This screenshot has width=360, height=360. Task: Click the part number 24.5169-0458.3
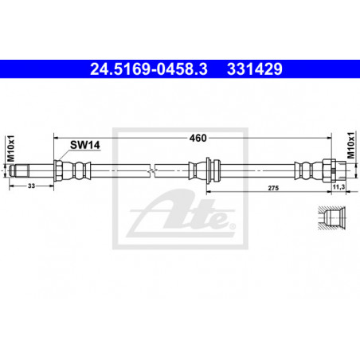click(x=149, y=69)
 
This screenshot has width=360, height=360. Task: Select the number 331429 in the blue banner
click(x=255, y=69)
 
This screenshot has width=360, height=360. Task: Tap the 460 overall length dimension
click(x=198, y=138)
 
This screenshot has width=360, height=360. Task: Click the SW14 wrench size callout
click(x=85, y=145)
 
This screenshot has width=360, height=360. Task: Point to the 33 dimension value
click(x=31, y=186)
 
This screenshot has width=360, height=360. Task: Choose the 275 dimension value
click(x=273, y=188)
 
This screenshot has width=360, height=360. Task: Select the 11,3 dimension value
click(x=338, y=187)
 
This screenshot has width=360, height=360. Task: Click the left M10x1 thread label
click(x=11, y=148)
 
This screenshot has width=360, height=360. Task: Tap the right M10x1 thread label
click(x=350, y=145)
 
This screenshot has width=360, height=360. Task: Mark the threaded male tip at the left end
click(x=19, y=171)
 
